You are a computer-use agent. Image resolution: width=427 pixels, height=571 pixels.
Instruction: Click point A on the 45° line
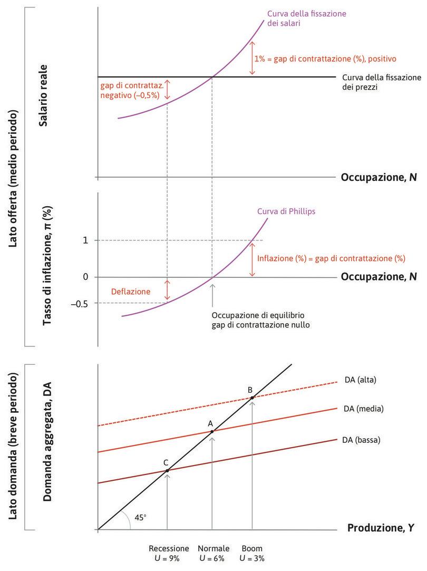pos(212,432)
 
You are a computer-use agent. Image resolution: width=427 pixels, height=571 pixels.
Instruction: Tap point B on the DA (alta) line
pos(252,398)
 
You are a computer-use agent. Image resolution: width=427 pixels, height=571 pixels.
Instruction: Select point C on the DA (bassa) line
pos(167,470)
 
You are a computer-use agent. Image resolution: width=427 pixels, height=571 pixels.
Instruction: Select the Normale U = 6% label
pos(213,553)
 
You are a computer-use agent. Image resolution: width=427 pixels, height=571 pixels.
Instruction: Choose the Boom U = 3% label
pos(251,553)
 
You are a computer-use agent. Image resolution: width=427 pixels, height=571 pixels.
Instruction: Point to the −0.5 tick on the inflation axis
pos(81,303)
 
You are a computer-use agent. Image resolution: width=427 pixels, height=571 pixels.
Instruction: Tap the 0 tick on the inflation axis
pos(85,277)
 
